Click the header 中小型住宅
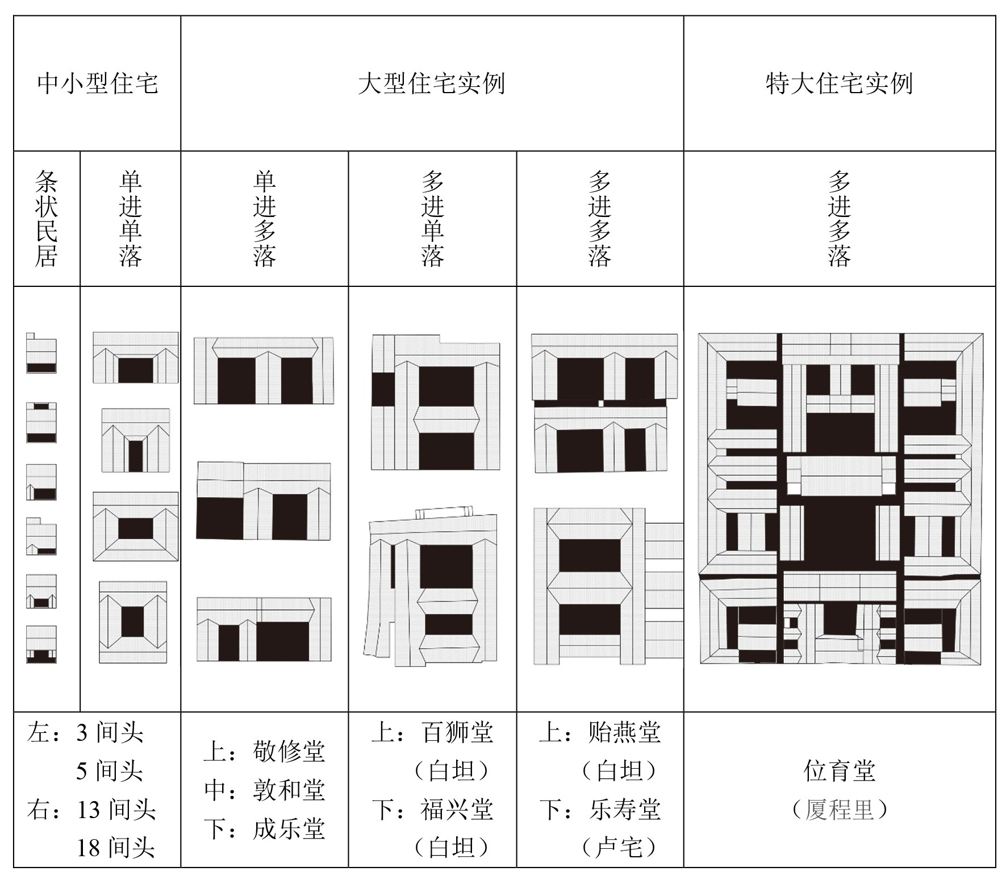click(x=97, y=84)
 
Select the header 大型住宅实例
click(x=432, y=84)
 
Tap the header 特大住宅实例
click(x=839, y=84)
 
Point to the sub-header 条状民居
click(x=47, y=219)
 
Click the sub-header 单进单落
click(x=130, y=219)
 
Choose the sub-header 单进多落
click(x=265, y=219)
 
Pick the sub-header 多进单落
click(x=432, y=219)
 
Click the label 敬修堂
click(x=289, y=752)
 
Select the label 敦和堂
click(x=289, y=790)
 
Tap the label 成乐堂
click(x=289, y=829)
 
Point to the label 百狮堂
click(x=457, y=732)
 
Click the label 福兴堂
click(x=457, y=810)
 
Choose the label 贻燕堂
click(x=625, y=732)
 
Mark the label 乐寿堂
click(x=625, y=810)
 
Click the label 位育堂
click(x=840, y=771)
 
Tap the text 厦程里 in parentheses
click(x=840, y=810)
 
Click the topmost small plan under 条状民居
click(x=41, y=353)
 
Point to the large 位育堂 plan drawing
click(x=841, y=499)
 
